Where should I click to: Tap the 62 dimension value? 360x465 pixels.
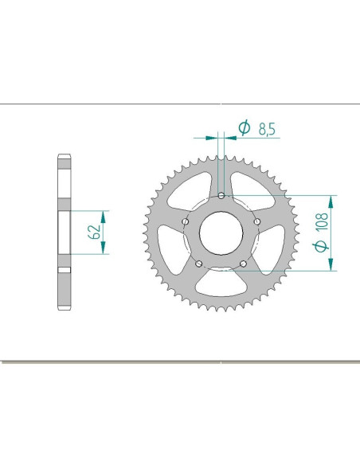point(95,232)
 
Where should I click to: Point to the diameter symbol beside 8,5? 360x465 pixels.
point(245,127)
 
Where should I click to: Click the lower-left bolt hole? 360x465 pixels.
point(199,264)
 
